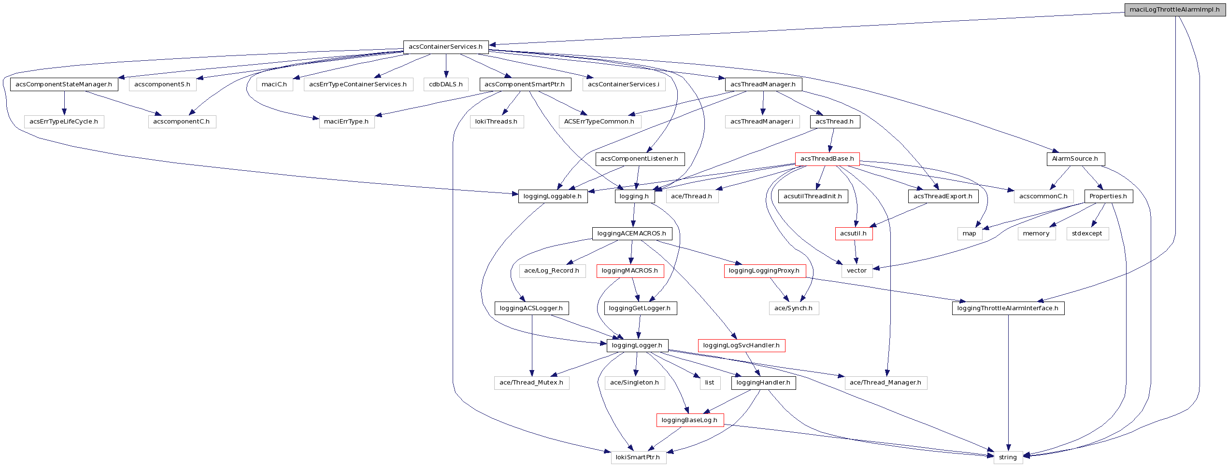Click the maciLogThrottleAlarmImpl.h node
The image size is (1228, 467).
[1174, 10]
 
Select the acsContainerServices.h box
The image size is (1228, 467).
[445, 47]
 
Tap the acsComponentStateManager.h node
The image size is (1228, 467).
[64, 84]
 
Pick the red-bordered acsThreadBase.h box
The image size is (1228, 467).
[827, 159]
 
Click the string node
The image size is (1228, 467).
[1008, 457]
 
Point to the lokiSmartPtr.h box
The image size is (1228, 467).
[638, 457]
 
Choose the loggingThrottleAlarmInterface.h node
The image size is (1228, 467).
[1008, 308]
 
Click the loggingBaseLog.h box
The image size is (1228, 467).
[689, 420]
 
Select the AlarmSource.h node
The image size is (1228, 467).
[1075, 159]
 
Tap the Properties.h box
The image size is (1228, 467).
[1108, 196]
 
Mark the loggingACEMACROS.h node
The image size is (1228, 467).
[631, 233]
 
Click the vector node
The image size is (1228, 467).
[857, 271]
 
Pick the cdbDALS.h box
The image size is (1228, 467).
[446, 84]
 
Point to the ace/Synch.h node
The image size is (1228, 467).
[793, 308]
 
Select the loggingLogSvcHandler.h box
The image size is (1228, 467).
[741, 345]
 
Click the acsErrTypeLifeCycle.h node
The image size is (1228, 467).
[64, 122]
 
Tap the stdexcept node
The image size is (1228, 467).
[1087, 233]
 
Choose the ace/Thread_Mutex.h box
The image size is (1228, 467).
[531, 383]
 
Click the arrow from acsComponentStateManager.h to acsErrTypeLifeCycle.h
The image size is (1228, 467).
[64, 103]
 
